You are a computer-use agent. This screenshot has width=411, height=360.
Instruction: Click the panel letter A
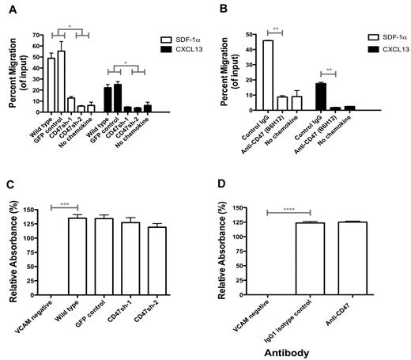(7, 7)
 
